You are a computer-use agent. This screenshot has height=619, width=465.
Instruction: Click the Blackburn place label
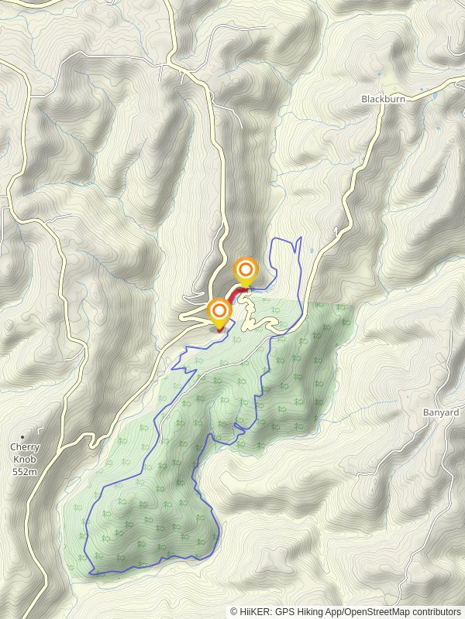383,99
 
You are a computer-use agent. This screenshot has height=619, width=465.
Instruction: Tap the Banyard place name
441,412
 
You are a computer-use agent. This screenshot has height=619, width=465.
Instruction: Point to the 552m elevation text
25,472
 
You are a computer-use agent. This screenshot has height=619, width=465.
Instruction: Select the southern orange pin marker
220,313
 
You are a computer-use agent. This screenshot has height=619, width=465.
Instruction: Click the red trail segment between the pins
232,295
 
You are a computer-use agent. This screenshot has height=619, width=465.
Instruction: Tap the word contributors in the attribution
436,611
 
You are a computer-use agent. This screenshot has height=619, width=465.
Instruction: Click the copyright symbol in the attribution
234,611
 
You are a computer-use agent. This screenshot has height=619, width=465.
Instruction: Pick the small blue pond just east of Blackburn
434,95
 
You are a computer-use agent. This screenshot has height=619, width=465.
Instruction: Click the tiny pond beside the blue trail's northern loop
311,251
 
